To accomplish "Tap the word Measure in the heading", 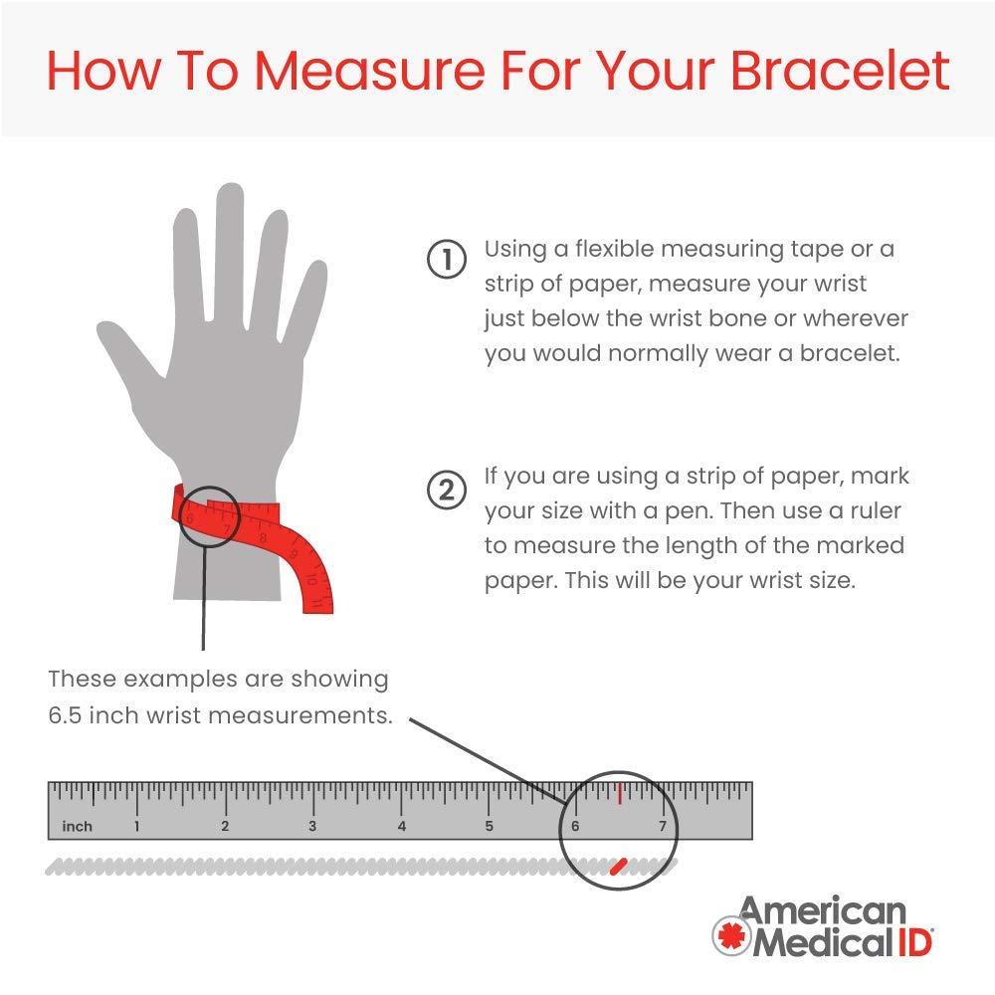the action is (369, 70).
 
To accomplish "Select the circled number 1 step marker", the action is (447, 259).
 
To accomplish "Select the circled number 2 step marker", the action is (447, 490).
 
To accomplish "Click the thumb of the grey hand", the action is (130, 355).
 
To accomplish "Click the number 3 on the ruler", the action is (312, 826).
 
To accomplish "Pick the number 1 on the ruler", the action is (136, 826).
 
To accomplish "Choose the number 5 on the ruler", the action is (489, 826).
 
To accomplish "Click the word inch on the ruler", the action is (78, 826).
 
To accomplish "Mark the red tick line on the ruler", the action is (619, 793).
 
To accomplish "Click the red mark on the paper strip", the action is (619, 867).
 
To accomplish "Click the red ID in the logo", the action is (914, 941).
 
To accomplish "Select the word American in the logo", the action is (823, 911).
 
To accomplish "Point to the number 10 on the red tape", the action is (311, 579).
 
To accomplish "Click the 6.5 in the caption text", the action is (64, 715).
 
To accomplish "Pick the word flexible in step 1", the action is (614, 249).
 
